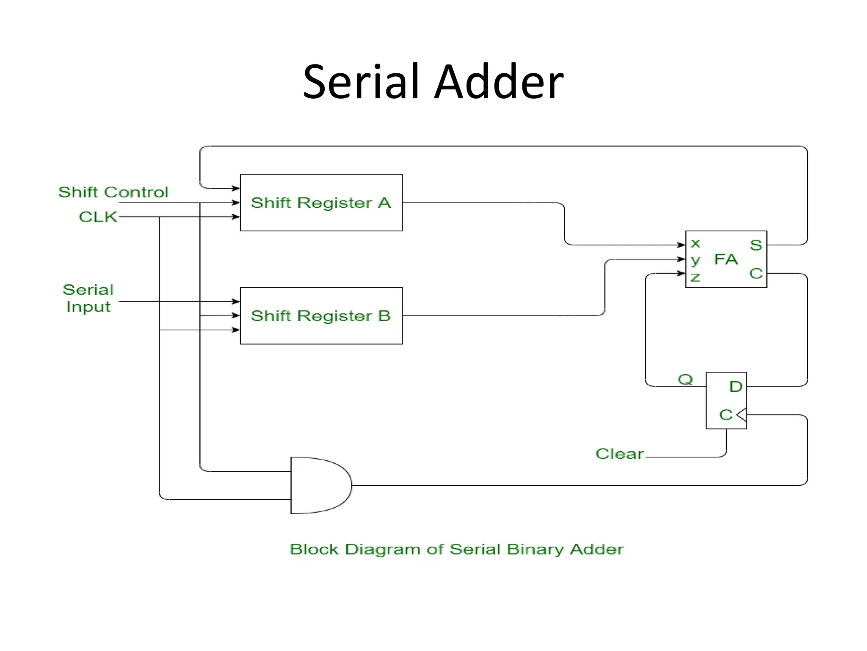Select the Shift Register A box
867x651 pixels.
click(x=321, y=203)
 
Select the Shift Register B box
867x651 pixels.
click(x=321, y=316)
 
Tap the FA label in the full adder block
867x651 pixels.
click(x=726, y=259)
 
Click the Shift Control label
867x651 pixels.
click(x=113, y=192)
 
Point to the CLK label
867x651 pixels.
click(x=98, y=217)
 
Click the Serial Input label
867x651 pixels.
click(x=88, y=298)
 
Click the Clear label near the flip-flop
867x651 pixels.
click(x=619, y=453)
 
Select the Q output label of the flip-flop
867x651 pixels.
click(x=685, y=379)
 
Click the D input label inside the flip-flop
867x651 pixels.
click(x=736, y=387)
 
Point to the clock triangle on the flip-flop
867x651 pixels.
click(x=742, y=415)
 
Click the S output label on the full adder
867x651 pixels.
click(x=756, y=245)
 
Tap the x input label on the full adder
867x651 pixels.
click(x=695, y=244)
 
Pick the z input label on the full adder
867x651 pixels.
click(x=695, y=278)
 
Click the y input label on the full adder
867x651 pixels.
click(x=695, y=260)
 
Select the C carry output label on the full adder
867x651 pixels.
click(x=756, y=273)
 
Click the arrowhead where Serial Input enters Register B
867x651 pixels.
click(x=236, y=301)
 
